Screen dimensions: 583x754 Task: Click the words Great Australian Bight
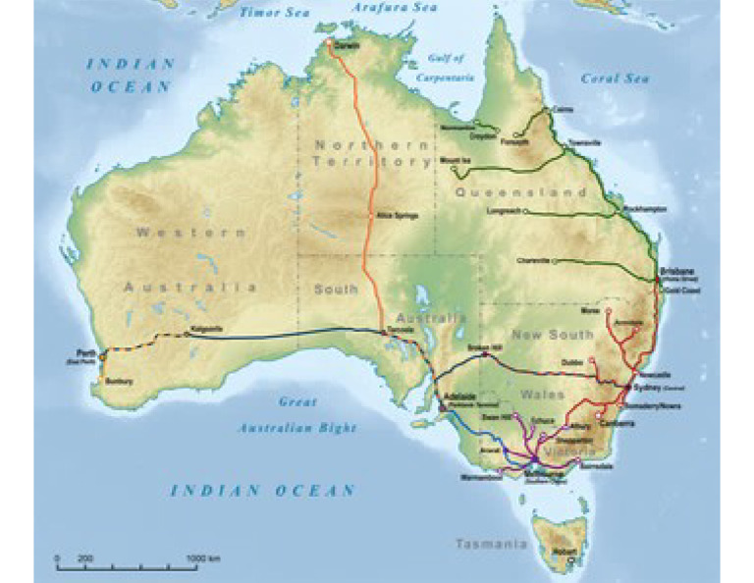[x=296, y=415]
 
